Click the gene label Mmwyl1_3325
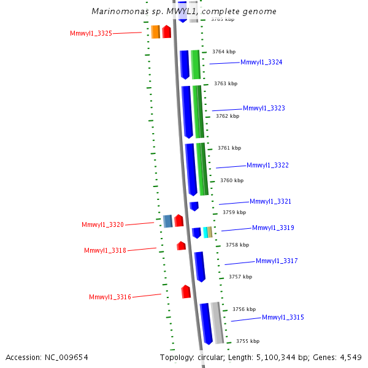(x=91, y=33)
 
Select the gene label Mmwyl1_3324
(x=261, y=62)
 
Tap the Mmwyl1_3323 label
(x=264, y=108)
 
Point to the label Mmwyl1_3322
(x=267, y=165)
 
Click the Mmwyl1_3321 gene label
(x=270, y=201)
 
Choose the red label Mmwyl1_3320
(x=102, y=224)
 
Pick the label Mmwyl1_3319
(x=273, y=228)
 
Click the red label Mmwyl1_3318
(x=105, y=250)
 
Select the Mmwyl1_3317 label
(x=277, y=261)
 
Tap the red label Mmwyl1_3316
(x=110, y=297)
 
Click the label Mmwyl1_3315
(x=283, y=317)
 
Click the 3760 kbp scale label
(x=232, y=180)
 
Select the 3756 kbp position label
(x=243, y=309)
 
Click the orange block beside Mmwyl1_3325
(x=155, y=32)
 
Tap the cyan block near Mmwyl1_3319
(x=205, y=232)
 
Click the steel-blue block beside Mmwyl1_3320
(x=167, y=221)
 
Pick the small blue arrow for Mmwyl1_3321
(x=194, y=206)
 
